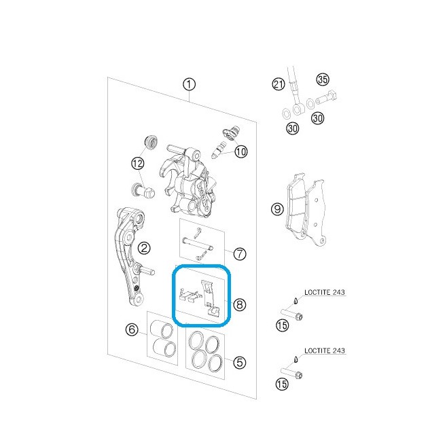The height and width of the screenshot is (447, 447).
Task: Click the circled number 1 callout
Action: (189, 84)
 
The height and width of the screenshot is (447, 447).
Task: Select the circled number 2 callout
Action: (144, 248)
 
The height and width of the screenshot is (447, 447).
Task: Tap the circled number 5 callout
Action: (239, 362)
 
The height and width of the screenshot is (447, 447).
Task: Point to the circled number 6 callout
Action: (132, 329)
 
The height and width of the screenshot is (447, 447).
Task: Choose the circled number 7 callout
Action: (239, 253)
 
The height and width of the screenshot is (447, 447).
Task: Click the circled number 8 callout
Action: (239, 305)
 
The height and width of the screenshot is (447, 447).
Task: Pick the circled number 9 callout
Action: (277, 209)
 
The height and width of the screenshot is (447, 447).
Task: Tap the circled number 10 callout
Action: (241, 151)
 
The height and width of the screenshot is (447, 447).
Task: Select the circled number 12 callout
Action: (138, 164)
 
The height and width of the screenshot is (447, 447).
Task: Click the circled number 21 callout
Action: (279, 84)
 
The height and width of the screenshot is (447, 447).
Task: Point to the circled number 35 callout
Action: (323, 79)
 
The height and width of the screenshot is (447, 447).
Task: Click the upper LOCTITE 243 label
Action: (325, 292)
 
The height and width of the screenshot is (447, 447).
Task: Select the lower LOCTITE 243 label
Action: (325, 351)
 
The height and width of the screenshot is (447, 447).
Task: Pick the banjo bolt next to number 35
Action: (326, 98)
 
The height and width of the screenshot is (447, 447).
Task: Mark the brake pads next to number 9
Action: (305, 209)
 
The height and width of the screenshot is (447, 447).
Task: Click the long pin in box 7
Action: (197, 244)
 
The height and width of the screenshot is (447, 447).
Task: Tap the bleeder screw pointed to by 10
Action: (218, 150)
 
